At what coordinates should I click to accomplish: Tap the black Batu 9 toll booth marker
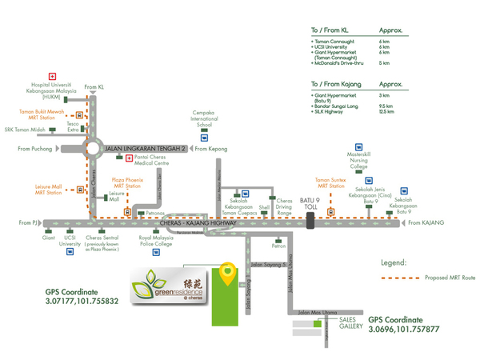(x=310, y=221)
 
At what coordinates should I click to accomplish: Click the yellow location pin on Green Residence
(x=228, y=274)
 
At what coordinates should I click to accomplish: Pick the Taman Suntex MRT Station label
(x=330, y=186)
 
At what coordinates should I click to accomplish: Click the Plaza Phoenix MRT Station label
(x=126, y=186)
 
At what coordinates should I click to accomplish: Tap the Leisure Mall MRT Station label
(x=49, y=190)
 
